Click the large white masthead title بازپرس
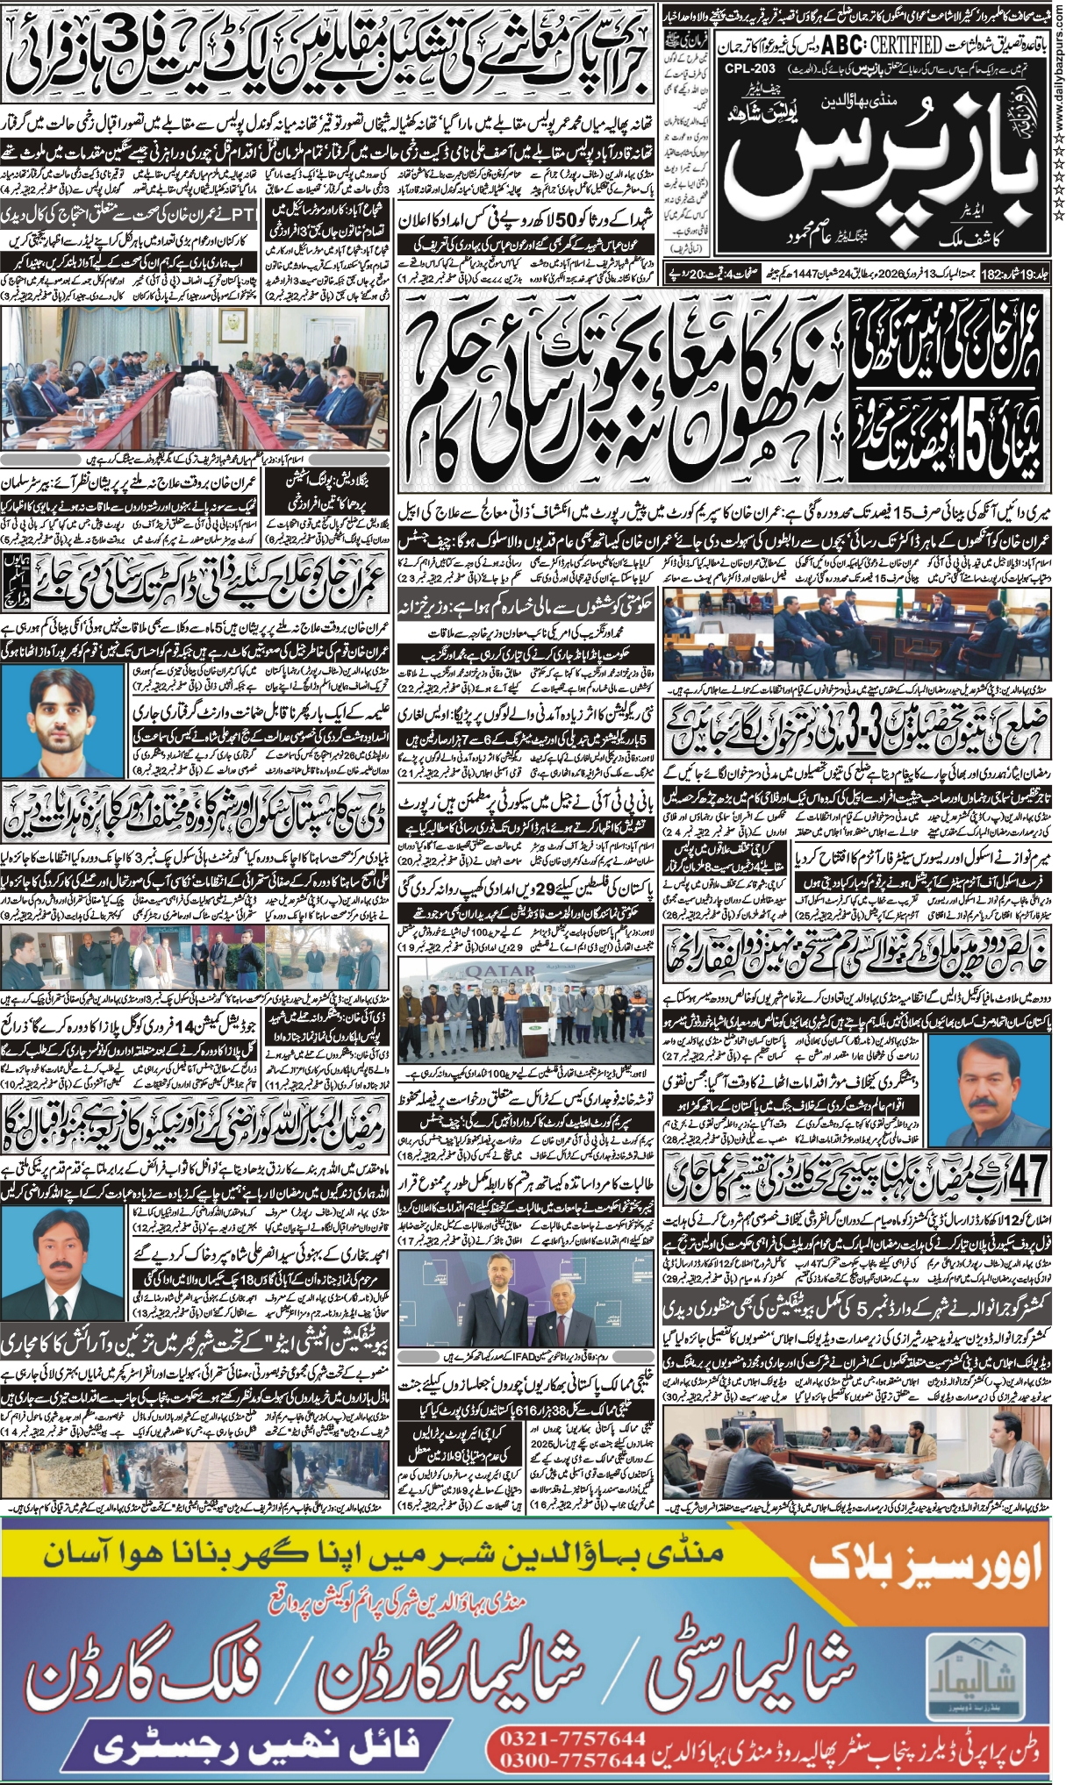tap(886, 167)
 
